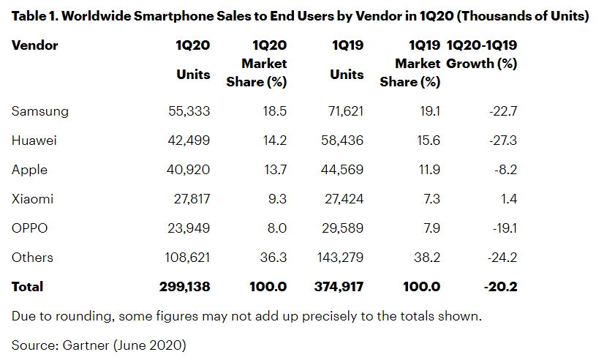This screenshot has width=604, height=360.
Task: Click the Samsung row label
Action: [40, 111]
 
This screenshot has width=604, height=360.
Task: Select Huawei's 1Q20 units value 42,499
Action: [185, 140]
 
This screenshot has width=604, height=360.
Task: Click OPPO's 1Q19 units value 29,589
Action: [339, 228]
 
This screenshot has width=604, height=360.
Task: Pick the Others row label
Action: [33, 258]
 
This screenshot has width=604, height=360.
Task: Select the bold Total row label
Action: [28, 287]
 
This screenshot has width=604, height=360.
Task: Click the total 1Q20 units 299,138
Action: [184, 287]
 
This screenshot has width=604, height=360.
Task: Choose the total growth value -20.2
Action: [501, 287]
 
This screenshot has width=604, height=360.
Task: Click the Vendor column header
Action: [35, 45]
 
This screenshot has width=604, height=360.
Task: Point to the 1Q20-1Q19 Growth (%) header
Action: [482, 55]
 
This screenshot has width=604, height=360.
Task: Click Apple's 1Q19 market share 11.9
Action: [429, 170]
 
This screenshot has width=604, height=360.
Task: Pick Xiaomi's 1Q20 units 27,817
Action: [186, 199]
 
